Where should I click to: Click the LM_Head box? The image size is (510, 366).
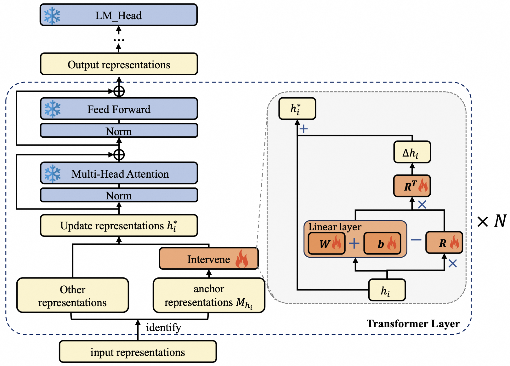(x=118, y=15)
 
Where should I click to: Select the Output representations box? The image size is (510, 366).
(x=119, y=64)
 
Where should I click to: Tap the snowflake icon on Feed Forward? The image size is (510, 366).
(x=52, y=109)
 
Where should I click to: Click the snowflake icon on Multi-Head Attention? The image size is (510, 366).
(x=52, y=174)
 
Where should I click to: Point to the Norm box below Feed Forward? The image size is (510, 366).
(x=119, y=131)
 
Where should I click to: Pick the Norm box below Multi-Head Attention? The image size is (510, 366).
(x=119, y=195)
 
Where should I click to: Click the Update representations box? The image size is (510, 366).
(x=119, y=226)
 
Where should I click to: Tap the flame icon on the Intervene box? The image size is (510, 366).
(x=242, y=259)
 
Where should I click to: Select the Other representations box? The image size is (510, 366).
(x=72, y=295)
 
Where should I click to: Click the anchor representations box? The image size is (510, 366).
(x=209, y=295)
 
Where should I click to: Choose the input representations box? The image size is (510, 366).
(x=138, y=352)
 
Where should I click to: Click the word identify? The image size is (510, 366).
(x=163, y=328)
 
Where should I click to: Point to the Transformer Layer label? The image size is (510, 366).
(x=413, y=323)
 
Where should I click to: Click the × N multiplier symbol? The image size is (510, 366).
(x=492, y=221)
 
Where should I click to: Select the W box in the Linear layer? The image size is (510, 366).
(x=327, y=243)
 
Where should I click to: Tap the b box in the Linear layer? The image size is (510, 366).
(x=382, y=243)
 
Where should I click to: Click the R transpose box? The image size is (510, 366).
(x=412, y=186)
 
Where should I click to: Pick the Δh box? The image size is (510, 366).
(x=412, y=152)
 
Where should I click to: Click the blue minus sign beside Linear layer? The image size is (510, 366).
(x=416, y=240)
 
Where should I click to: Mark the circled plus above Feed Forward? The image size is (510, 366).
(x=119, y=91)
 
